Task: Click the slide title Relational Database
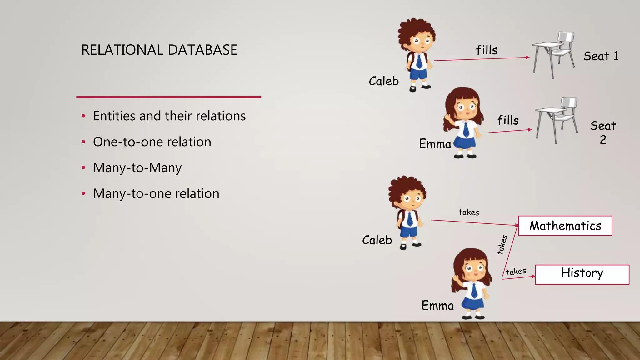click(x=159, y=50)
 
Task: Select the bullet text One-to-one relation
click(x=152, y=142)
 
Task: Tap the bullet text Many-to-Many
click(x=137, y=168)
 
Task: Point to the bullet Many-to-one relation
click(x=156, y=194)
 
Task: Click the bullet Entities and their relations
click(x=169, y=116)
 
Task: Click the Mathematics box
click(x=565, y=226)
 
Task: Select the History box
click(x=582, y=274)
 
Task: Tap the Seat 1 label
click(x=601, y=56)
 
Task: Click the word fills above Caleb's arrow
click(x=487, y=50)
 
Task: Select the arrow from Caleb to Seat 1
click(x=481, y=59)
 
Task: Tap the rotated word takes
click(x=502, y=244)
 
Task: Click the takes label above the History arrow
click(x=516, y=271)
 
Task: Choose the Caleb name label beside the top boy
click(x=384, y=81)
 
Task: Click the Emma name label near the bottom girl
click(x=437, y=306)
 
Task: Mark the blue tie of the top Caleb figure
click(x=419, y=61)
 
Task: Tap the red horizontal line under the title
click(x=169, y=97)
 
